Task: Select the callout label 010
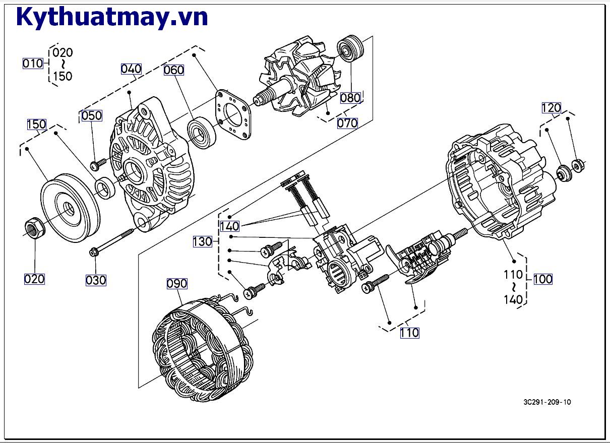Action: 33,64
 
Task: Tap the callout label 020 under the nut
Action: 34,279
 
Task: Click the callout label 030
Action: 96,280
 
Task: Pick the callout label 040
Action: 131,69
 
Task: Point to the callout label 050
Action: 92,115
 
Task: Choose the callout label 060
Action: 173,70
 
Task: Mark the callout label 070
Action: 347,122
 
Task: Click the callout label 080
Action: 350,98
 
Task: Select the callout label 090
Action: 177,284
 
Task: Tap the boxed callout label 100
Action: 542,279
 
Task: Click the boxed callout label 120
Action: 551,108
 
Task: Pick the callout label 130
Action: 202,242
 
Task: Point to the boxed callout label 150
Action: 36,124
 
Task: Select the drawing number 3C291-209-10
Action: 547,402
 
